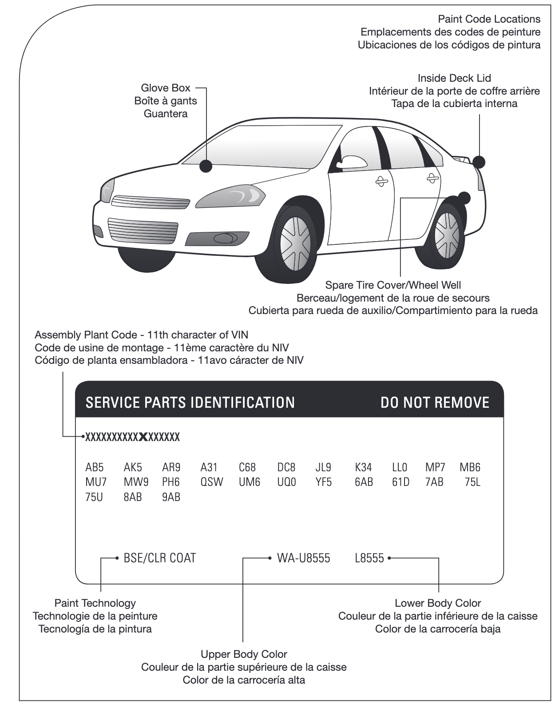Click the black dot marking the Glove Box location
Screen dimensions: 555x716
pyautogui.click(x=206, y=166)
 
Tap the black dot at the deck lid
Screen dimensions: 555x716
pyautogui.click(x=479, y=162)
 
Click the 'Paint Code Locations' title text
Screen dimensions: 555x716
pyautogui.click(x=489, y=19)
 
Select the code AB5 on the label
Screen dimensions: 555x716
pyautogui.click(x=95, y=467)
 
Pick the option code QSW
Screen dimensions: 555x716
pyautogui.click(x=212, y=482)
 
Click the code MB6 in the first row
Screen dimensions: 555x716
pyautogui.click(x=470, y=467)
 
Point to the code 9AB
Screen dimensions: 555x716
pyautogui.click(x=171, y=497)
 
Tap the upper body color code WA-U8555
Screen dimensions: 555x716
pyautogui.click(x=303, y=558)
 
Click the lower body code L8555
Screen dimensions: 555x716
pyautogui.click(x=369, y=558)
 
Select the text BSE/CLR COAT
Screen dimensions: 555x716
pyautogui.click(x=160, y=558)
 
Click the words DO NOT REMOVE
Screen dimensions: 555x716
pyautogui.click(x=435, y=403)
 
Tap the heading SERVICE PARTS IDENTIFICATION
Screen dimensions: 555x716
pyautogui.click(x=190, y=403)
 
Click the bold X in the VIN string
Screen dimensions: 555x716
pyautogui.click(x=143, y=437)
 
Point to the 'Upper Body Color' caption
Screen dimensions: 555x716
pyautogui.click(x=244, y=654)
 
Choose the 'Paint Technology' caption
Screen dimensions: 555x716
pyautogui.click(x=95, y=603)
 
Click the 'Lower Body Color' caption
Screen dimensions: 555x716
pyautogui.click(x=438, y=603)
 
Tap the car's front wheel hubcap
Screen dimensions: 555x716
pyautogui.click(x=295, y=244)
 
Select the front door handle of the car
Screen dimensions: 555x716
pyautogui.click(x=381, y=181)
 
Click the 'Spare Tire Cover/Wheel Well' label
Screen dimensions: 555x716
pyautogui.click(x=393, y=285)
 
